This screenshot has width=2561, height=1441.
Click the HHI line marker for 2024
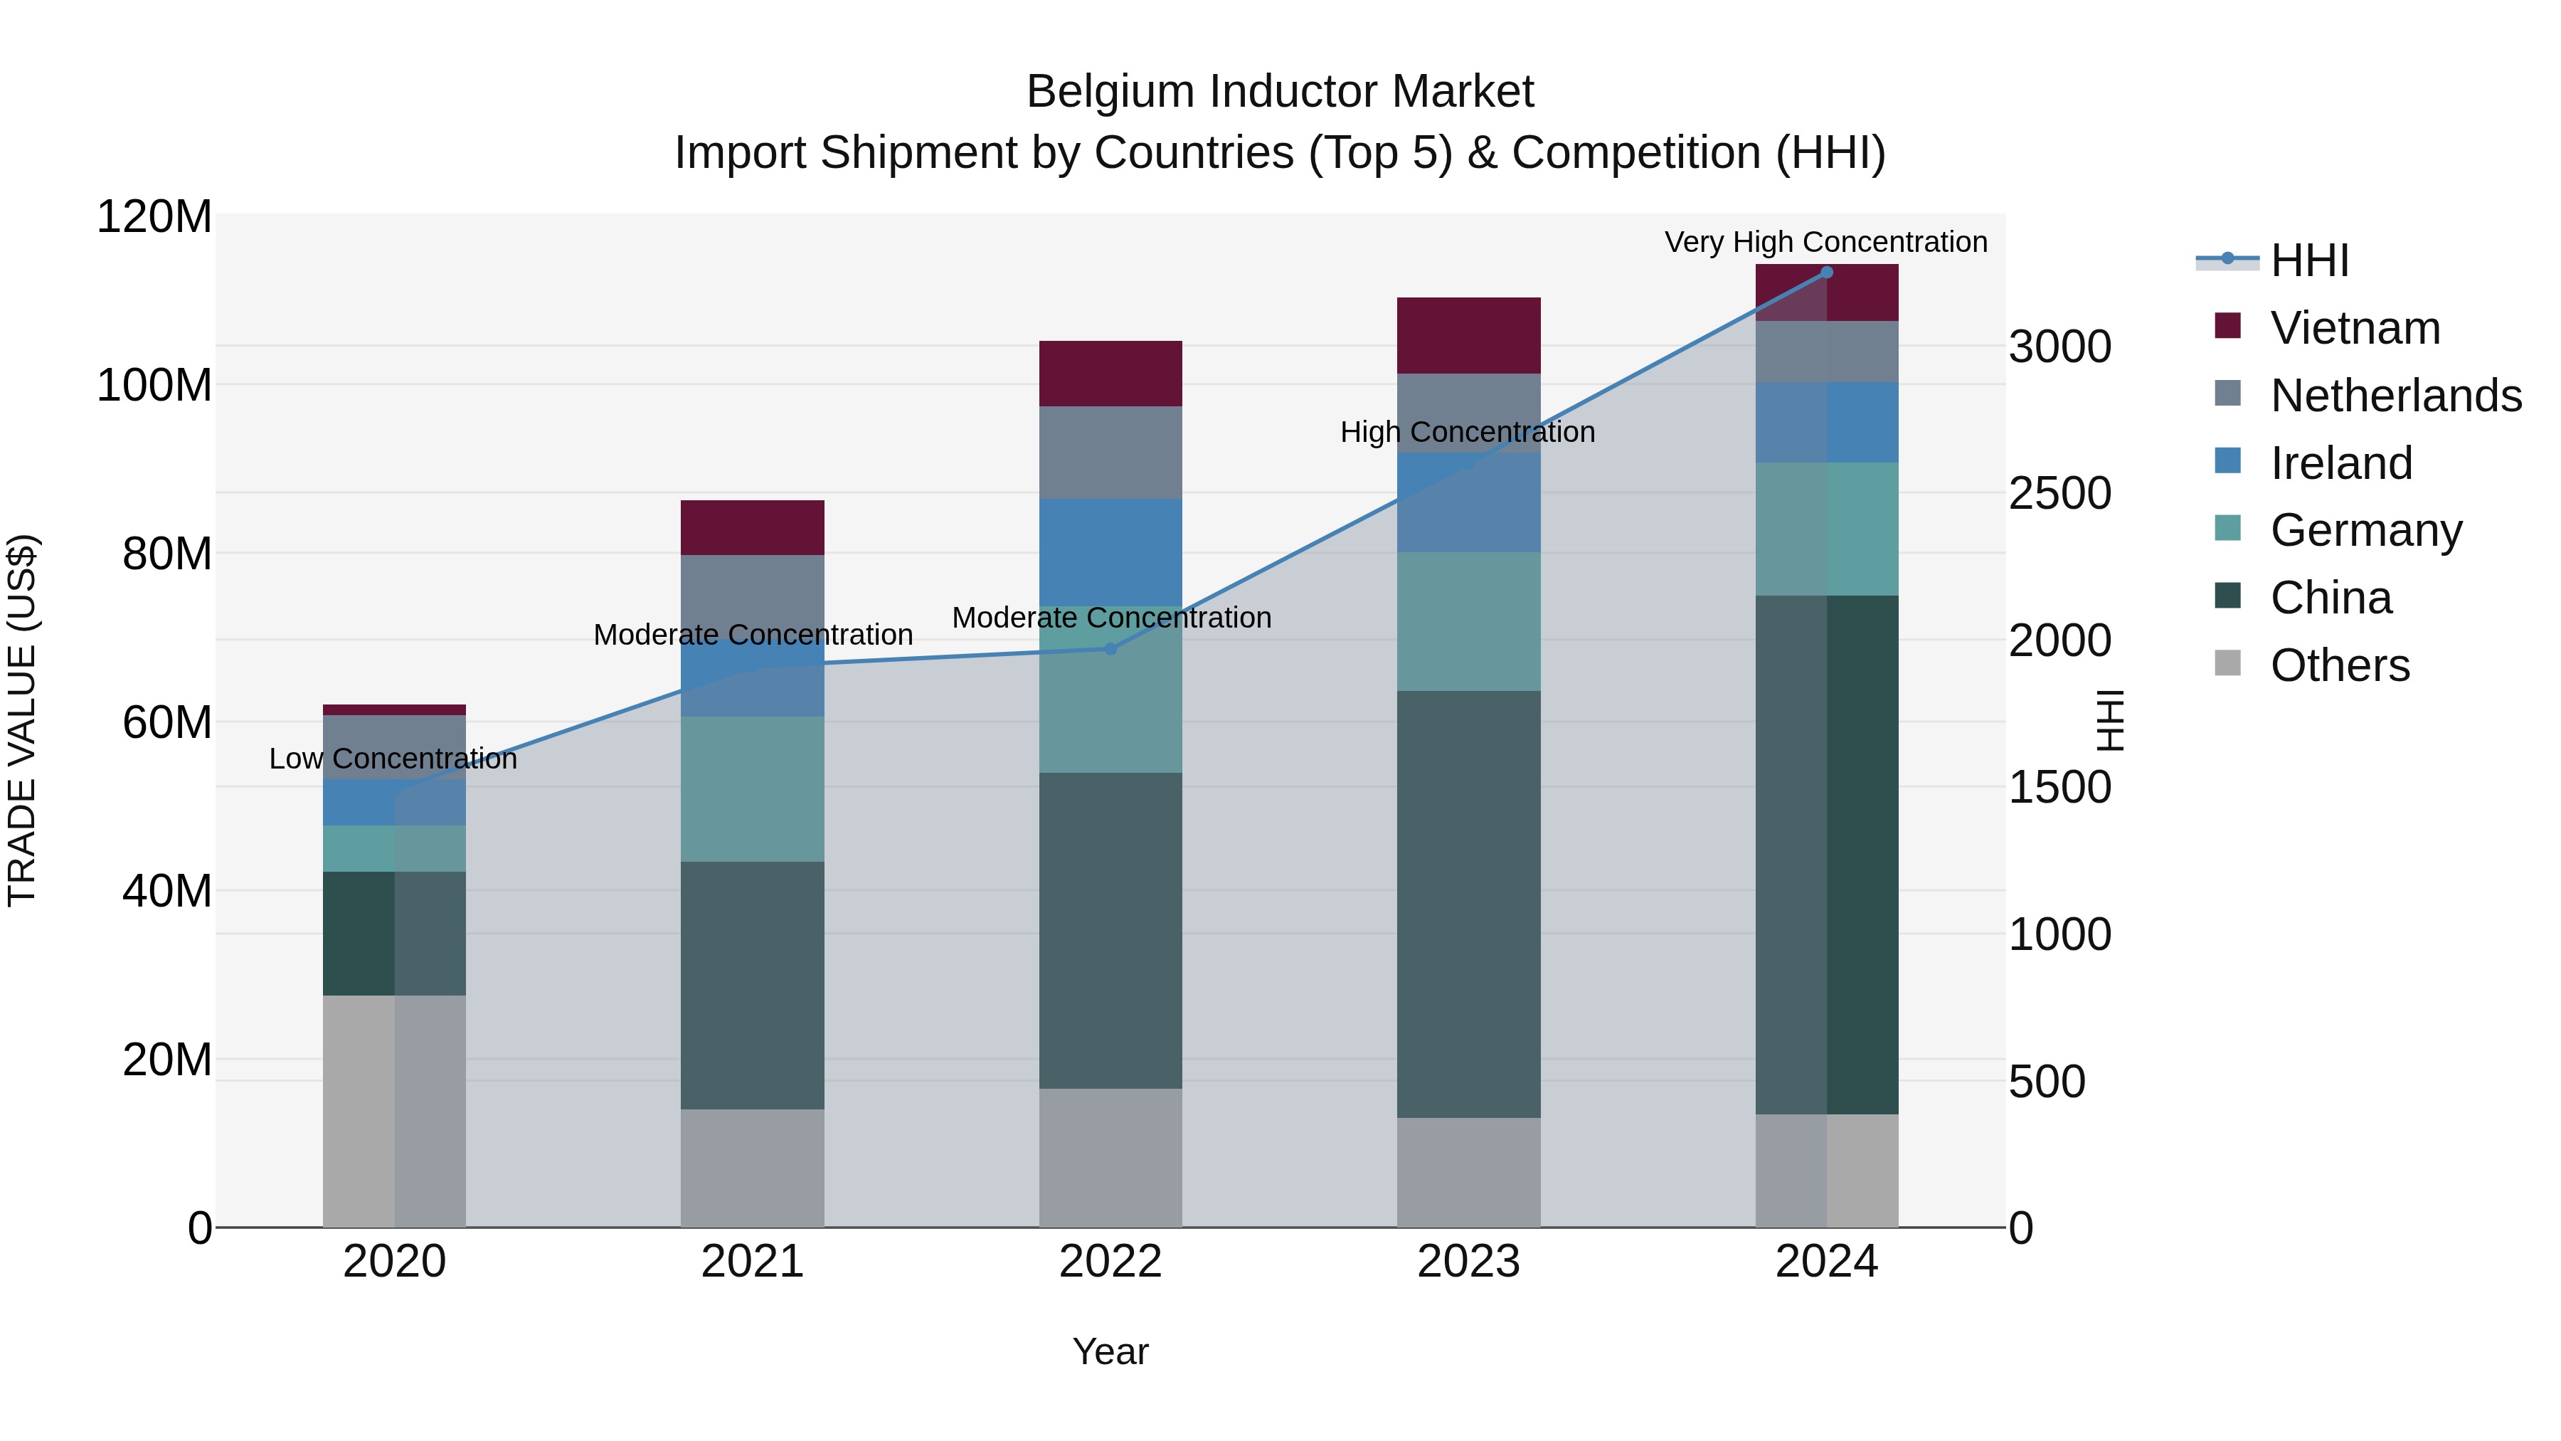1826,273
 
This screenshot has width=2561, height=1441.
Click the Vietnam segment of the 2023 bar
1468,335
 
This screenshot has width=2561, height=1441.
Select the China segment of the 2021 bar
753,985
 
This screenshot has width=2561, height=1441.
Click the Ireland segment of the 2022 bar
1110,552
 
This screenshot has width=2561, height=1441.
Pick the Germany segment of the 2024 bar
1826,529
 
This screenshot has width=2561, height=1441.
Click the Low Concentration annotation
393,759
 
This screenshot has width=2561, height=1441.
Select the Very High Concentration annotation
1825,242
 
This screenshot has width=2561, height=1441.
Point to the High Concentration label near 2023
1468,433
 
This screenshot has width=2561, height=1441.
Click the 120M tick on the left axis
154,217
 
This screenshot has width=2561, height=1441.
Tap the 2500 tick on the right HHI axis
2060,493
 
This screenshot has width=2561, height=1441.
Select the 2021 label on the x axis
753,1262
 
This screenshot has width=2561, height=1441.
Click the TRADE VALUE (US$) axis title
22,720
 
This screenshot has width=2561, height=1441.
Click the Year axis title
1110,1351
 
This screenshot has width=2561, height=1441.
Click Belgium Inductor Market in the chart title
1280,92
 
